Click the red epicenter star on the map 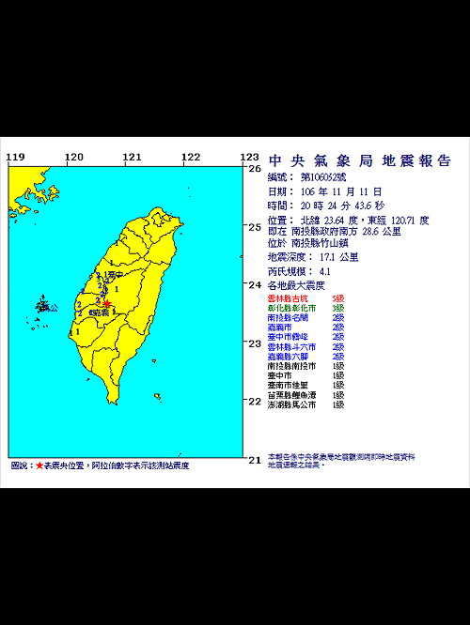click(x=108, y=303)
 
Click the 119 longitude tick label click(x=15, y=157)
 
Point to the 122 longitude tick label click(x=190, y=157)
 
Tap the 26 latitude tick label click(x=254, y=169)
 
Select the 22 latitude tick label click(x=254, y=402)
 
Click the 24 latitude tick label click(x=254, y=285)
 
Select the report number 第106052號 click(x=323, y=176)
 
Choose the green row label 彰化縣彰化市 click(x=292, y=308)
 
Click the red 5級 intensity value click(x=338, y=297)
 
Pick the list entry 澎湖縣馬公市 click(x=292, y=404)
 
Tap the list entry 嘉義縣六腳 click(x=288, y=357)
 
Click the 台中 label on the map click(x=114, y=276)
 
